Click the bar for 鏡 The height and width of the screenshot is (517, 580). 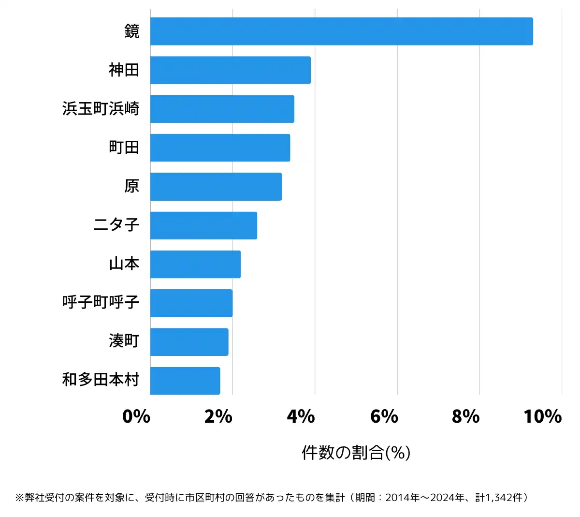[x=341, y=31]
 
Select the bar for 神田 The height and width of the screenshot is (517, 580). [x=230, y=70]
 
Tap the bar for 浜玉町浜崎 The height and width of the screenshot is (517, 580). [x=222, y=109]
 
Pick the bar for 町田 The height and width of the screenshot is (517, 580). [x=220, y=148]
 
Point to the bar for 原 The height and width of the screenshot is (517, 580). [x=216, y=186]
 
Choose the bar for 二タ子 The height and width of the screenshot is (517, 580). [x=203, y=225]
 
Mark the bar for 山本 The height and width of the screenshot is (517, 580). [x=195, y=264]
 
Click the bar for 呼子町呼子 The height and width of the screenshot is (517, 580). [x=191, y=303]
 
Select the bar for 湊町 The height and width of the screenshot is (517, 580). [x=189, y=341]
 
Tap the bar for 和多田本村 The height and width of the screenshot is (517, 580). [x=185, y=381]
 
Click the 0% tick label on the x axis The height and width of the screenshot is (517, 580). [x=136, y=416]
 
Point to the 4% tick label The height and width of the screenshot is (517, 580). [x=301, y=416]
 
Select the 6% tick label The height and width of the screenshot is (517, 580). [x=384, y=416]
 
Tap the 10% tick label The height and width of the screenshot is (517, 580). [x=542, y=416]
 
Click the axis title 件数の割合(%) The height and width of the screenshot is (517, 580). [x=356, y=453]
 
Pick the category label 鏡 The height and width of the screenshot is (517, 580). [x=131, y=31]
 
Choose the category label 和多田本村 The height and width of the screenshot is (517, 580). [x=101, y=380]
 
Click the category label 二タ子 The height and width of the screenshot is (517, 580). [x=116, y=225]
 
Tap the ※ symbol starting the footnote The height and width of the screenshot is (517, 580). [x=19, y=498]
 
